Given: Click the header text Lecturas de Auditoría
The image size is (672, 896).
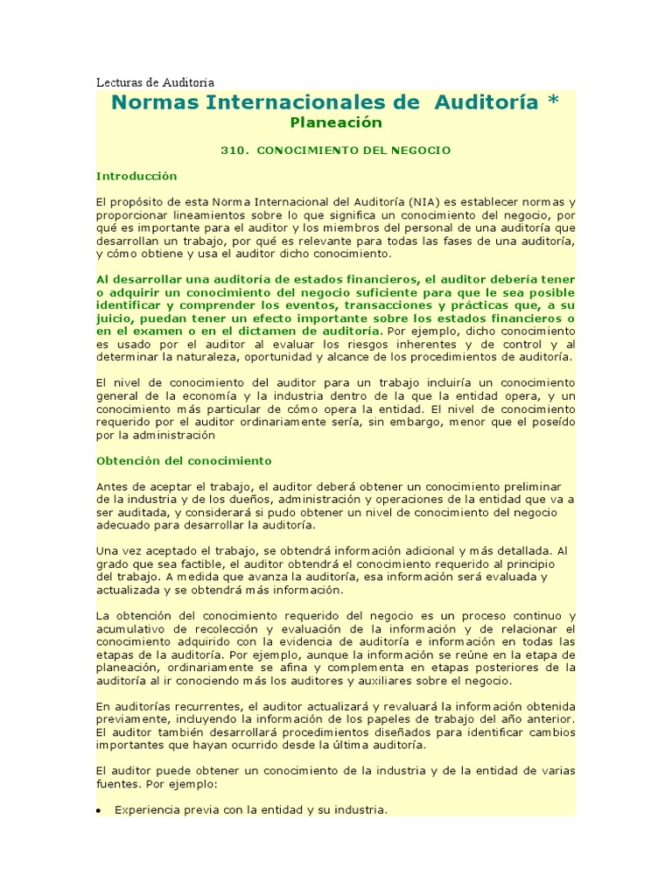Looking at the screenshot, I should tap(155, 82).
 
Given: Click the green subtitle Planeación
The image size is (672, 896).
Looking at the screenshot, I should tap(336, 122).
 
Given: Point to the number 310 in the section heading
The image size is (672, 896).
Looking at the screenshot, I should tap(232, 150).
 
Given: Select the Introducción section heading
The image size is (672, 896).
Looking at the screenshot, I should tap(136, 176).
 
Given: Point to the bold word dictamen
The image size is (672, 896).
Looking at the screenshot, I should tap(265, 332).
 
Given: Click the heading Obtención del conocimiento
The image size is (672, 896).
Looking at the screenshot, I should tap(184, 460).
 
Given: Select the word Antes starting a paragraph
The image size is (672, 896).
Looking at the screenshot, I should tap(113, 486).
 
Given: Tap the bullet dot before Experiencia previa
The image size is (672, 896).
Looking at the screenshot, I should tap(101, 811).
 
